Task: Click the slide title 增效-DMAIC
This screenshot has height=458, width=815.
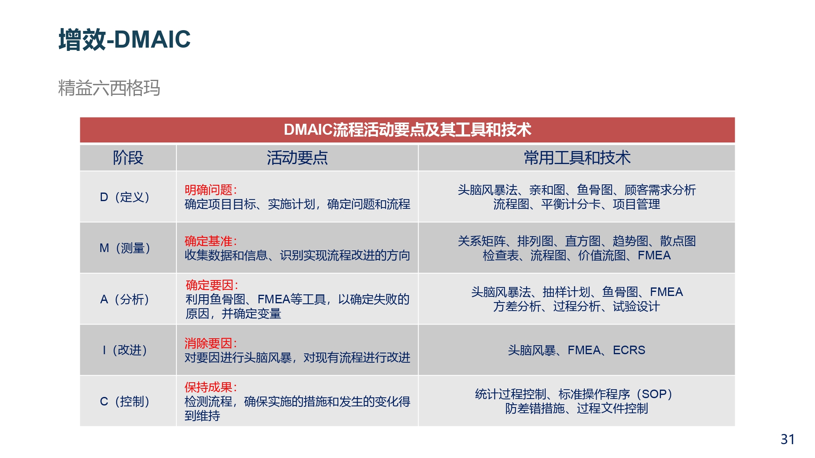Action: [124, 39]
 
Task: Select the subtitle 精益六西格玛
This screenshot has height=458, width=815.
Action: [109, 88]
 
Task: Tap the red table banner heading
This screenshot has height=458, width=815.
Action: [407, 129]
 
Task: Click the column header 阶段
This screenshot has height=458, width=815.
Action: [128, 158]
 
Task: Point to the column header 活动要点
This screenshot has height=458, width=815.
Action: [297, 158]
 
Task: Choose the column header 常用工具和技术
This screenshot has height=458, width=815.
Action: [577, 158]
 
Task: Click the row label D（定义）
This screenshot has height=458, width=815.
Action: [125, 197]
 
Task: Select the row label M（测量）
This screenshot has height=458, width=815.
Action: [125, 248]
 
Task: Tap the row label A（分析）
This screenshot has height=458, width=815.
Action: [125, 299]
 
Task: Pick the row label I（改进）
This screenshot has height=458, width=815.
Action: [125, 350]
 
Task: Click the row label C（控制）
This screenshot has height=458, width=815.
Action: [125, 401]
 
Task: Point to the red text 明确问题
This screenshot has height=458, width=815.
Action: [208, 190]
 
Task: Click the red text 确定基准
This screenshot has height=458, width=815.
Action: [208, 241]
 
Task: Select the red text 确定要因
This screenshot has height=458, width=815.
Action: [209, 285]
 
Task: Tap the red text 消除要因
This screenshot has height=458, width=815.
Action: [208, 343]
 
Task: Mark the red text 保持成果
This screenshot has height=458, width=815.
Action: [208, 387]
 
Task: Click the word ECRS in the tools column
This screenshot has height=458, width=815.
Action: [629, 350]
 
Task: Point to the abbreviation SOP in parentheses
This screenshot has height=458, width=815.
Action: [654, 394]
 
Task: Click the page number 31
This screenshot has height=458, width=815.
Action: [787, 439]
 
